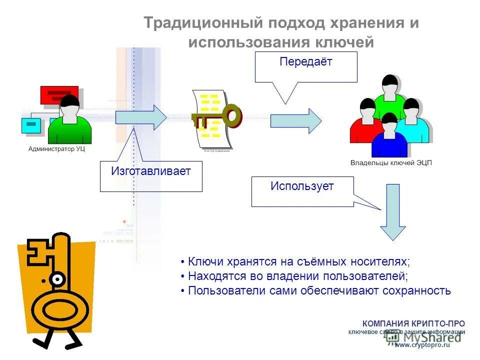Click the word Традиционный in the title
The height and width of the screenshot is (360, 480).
point(203,23)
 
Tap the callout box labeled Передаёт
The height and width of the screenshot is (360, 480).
point(306,67)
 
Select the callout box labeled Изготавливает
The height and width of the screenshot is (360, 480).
point(151,176)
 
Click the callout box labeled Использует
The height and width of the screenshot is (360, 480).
point(302,191)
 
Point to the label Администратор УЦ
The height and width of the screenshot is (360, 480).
point(56,149)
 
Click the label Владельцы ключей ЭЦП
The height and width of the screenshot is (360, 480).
point(390,163)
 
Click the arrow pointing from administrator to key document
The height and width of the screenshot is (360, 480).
point(140,117)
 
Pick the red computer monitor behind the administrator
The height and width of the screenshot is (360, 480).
point(58,95)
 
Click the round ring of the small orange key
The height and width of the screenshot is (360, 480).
point(231,116)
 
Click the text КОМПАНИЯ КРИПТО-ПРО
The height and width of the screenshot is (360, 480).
point(413,323)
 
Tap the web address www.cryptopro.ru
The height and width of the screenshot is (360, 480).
point(422,344)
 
